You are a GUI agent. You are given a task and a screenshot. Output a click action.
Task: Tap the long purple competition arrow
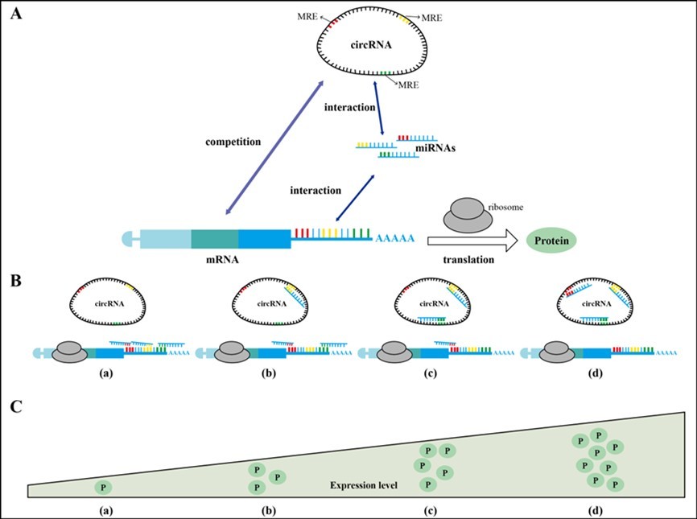274,146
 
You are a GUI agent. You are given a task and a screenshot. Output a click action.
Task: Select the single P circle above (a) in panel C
103,488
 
